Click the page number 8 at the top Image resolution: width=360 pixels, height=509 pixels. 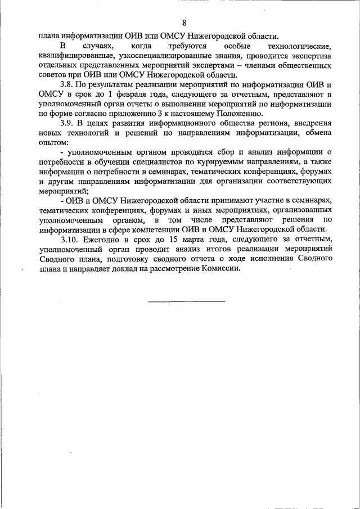184,23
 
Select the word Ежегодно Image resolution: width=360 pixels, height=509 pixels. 102,240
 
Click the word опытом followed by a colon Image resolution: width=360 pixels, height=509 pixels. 53,142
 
